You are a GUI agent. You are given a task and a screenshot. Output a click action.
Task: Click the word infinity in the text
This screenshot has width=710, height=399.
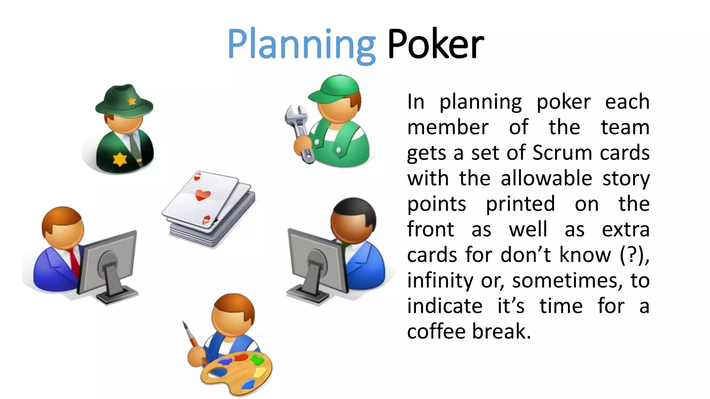coord(440,280)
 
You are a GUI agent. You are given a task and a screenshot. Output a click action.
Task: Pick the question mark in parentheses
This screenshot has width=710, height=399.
coord(632,255)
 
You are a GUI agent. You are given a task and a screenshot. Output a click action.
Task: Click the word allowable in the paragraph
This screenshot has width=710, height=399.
coord(546,178)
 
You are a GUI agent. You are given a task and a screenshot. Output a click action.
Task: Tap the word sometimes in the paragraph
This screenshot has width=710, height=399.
coord(565,280)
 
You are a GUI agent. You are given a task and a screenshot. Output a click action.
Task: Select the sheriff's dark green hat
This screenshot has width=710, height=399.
coord(124,100)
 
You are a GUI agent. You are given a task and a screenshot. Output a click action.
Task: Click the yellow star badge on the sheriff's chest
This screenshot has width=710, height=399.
coord(120,159)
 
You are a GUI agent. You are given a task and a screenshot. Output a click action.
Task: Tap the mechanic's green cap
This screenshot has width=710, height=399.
coord(335,88)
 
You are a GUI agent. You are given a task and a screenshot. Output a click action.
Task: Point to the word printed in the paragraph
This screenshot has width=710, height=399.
coord(520,204)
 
